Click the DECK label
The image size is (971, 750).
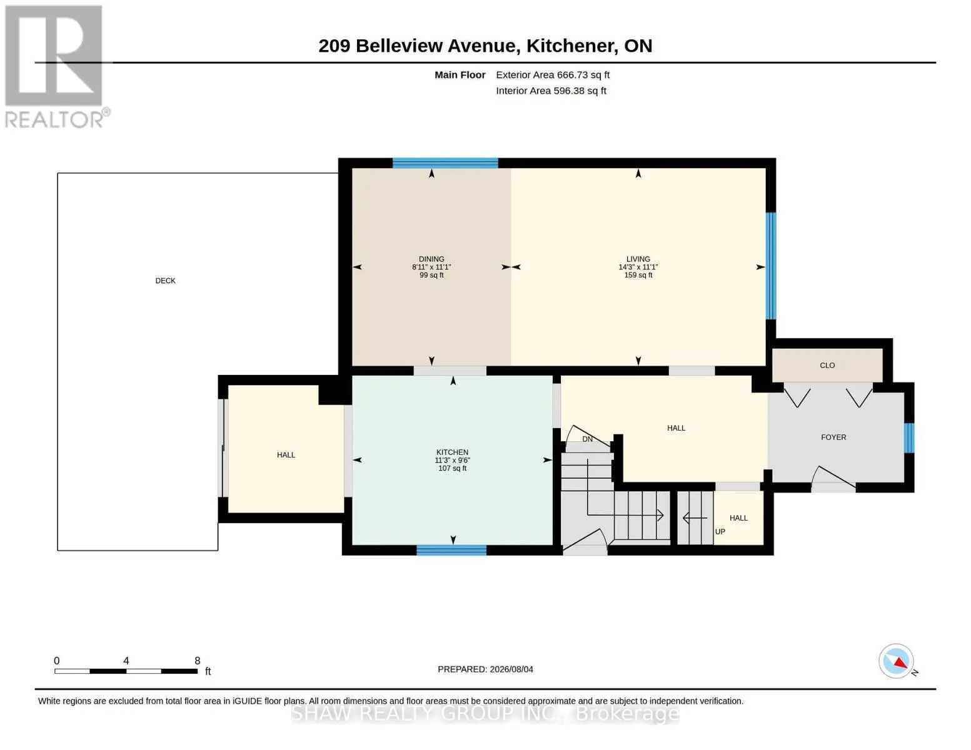click(165, 281)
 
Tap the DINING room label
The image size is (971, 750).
click(431, 259)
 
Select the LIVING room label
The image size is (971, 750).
click(638, 259)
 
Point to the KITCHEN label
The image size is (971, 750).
click(452, 452)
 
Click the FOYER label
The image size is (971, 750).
click(833, 437)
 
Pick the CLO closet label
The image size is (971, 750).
click(827, 366)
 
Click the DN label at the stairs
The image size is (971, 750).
click(586, 439)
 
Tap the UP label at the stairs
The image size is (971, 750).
click(720, 532)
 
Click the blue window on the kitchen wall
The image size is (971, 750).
click(451, 551)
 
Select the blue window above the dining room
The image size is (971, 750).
click(445, 163)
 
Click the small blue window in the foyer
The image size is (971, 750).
click(908, 437)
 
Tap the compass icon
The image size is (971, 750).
click(895, 661)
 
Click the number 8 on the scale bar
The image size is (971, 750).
click(197, 661)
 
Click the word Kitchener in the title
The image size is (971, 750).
click(568, 46)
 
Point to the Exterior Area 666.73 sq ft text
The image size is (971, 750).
click(552, 75)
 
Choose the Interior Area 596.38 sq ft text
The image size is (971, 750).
click(550, 91)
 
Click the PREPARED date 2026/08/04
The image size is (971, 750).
click(511, 669)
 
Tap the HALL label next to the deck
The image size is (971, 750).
click(286, 455)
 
